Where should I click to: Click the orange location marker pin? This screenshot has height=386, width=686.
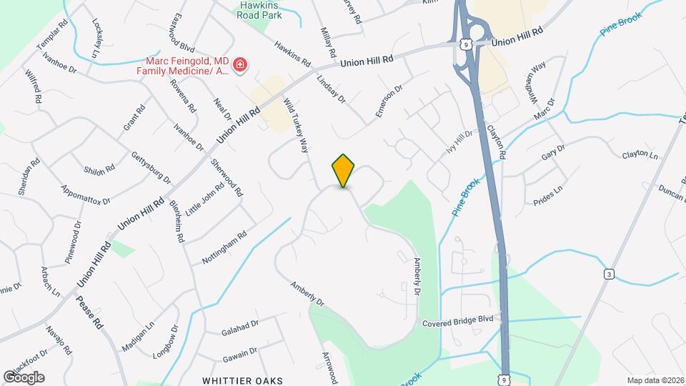click(344, 170)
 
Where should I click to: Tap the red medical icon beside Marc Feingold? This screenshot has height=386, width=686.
click(241, 66)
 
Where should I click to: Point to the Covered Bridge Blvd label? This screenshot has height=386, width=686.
click(458, 322)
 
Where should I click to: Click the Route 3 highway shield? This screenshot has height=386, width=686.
click(608, 274)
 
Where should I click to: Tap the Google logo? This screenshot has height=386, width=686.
click(24, 377)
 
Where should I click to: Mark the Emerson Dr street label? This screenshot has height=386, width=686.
click(389, 102)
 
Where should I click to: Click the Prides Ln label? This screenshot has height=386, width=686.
click(549, 196)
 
